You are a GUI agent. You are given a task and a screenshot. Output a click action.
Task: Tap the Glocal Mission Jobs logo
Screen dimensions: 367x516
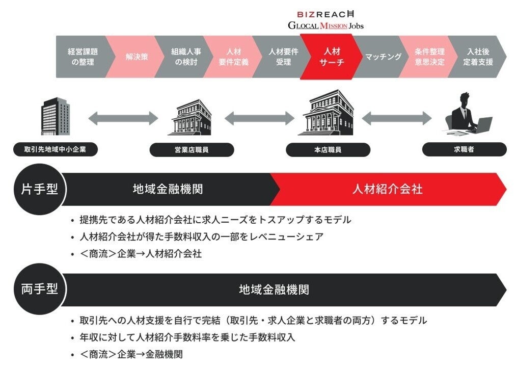[x=325, y=25]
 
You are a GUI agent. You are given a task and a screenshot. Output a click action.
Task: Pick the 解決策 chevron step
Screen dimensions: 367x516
[x=137, y=57]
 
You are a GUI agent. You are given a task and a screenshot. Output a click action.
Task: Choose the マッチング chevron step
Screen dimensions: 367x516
[x=383, y=57]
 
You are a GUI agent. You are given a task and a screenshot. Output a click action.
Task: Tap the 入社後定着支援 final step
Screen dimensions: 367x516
[x=480, y=57]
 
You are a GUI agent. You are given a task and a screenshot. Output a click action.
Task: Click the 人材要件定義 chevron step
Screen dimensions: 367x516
[x=233, y=57]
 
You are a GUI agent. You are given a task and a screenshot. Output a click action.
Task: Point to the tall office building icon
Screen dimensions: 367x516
[x=55, y=117]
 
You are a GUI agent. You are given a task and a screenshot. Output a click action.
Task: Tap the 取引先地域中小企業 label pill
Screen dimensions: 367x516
[x=56, y=150]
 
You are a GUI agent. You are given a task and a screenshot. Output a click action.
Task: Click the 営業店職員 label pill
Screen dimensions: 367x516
[x=192, y=150]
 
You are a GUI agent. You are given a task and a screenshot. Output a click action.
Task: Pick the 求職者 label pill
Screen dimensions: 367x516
[x=464, y=150]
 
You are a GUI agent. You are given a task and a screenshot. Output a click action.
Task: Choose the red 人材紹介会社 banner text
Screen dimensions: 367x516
[x=387, y=189]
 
